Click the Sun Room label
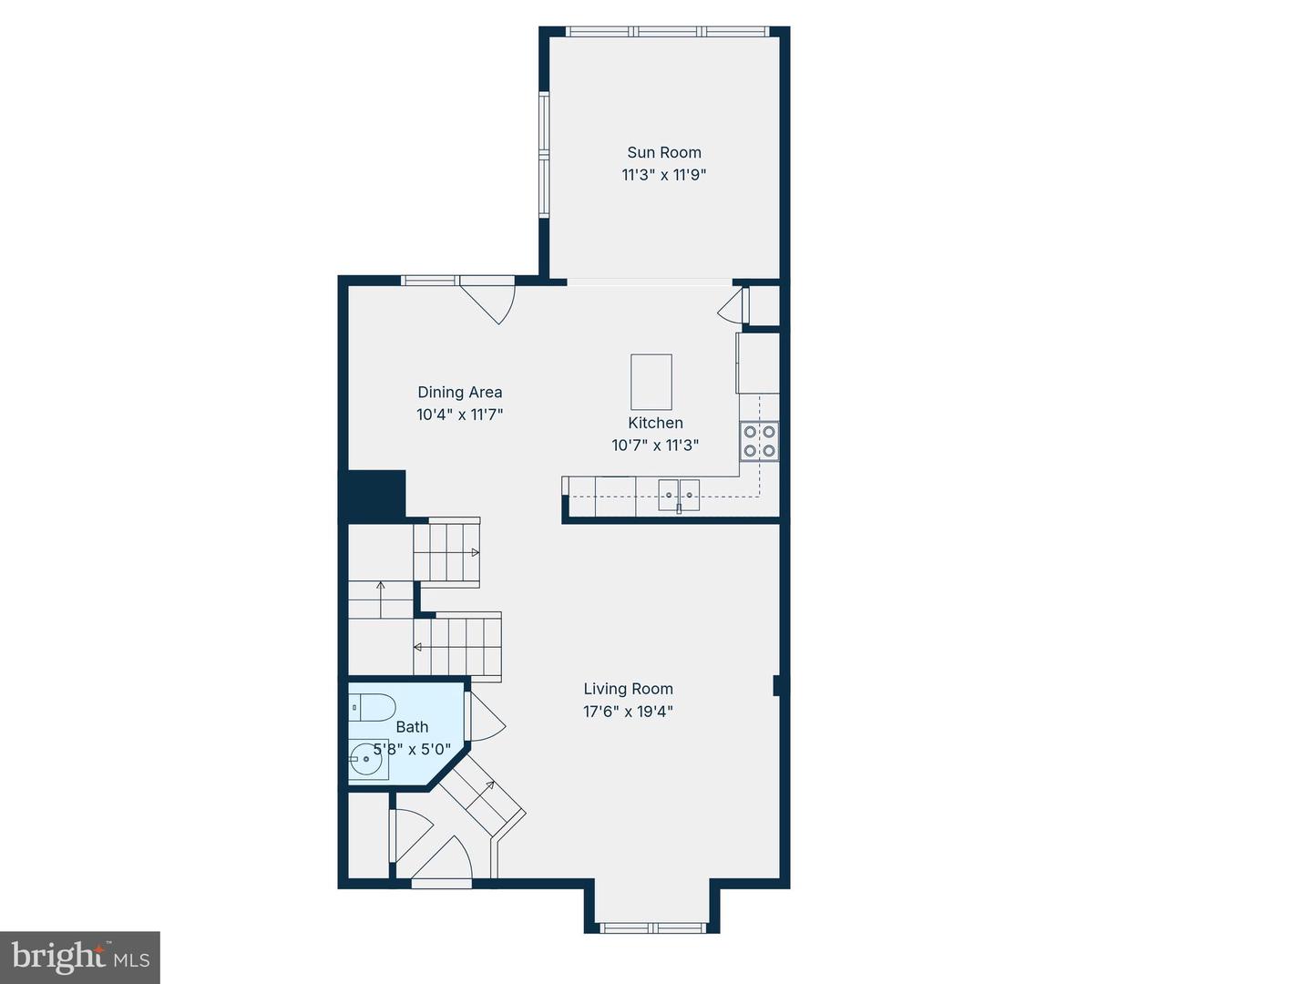point(664,153)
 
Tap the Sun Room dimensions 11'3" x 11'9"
point(664,175)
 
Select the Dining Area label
point(459,393)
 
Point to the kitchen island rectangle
point(651,383)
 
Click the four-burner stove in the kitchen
point(759,441)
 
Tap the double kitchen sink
point(679,494)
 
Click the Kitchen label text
point(655,423)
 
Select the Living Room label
point(628,690)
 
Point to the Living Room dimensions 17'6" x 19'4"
point(628,712)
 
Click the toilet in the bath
point(372,707)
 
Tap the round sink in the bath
point(366,758)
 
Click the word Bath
point(412,727)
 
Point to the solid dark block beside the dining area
point(373,496)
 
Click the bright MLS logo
point(80,957)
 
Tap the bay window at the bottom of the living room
point(652,928)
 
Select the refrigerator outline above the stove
point(758,363)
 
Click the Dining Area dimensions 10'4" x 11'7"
point(459,415)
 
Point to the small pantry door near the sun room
point(734,307)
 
